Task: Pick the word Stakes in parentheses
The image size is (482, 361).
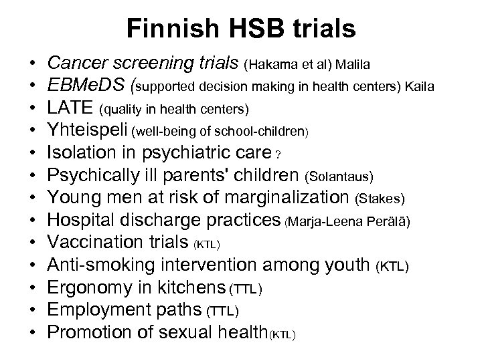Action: [380, 199]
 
